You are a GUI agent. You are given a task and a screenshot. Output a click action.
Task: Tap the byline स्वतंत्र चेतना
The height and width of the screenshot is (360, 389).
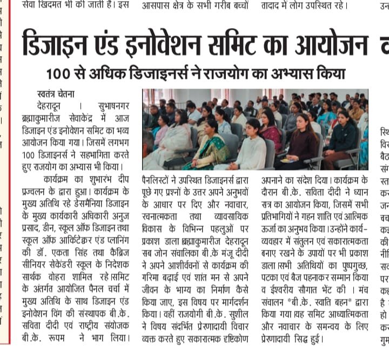click(56, 93)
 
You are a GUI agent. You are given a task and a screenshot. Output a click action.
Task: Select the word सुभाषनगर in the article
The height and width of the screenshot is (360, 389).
click(112, 105)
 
